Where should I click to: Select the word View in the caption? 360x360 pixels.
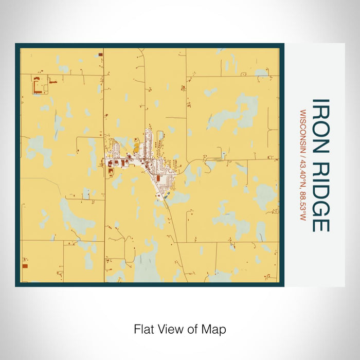point(168,329)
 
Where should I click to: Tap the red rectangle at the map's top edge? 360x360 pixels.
point(100,54)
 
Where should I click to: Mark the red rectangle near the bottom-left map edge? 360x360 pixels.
point(25,266)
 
